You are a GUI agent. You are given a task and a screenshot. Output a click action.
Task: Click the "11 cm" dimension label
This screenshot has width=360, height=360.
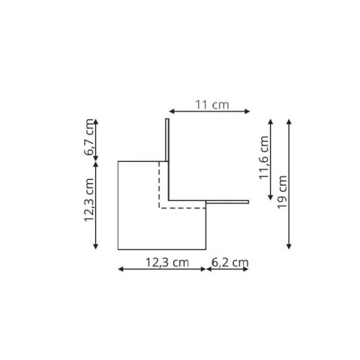pyautogui.click(x=211, y=105)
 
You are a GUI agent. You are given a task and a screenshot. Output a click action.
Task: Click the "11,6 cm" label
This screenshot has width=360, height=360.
pyautogui.click(x=263, y=159)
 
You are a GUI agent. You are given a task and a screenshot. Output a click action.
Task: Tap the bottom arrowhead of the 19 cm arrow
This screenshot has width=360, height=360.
pyautogui.click(x=289, y=247)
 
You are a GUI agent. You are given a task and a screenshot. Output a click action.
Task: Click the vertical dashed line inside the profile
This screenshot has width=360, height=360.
pyautogui.click(x=158, y=184)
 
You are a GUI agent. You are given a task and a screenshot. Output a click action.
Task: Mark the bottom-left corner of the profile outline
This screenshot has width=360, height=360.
pyautogui.click(x=119, y=249)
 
